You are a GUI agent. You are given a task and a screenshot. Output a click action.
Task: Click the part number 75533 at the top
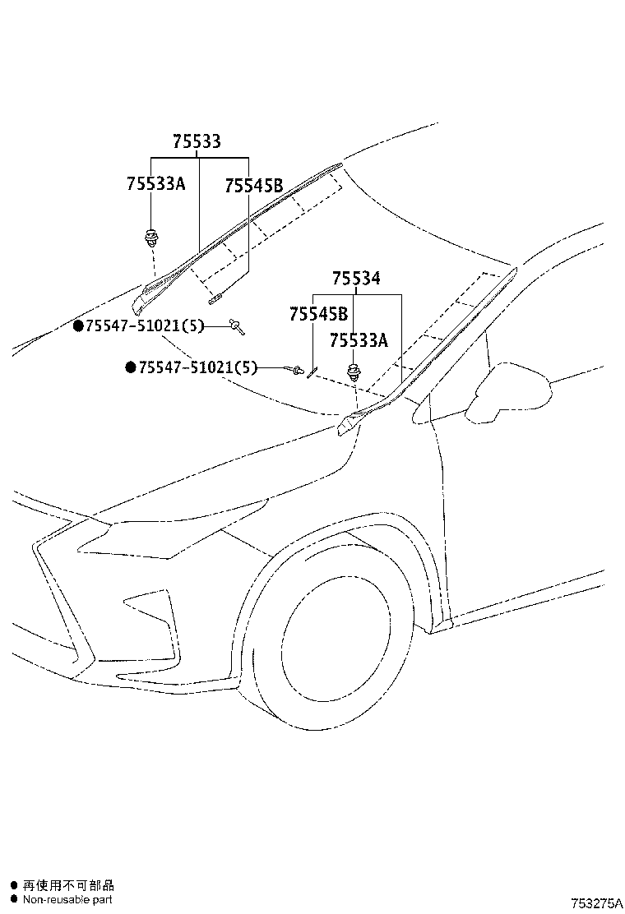click(x=197, y=142)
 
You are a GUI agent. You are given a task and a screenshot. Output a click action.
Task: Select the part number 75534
click(x=356, y=279)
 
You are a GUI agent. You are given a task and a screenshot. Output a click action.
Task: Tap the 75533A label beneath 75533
click(x=156, y=183)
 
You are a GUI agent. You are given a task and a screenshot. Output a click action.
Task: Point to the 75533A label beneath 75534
click(x=359, y=339)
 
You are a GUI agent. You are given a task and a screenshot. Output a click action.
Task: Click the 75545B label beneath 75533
click(x=253, y=187)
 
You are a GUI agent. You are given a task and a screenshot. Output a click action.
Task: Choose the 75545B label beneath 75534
click(x=318, y=314)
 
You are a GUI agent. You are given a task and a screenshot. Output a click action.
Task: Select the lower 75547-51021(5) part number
click(x=197, y=367)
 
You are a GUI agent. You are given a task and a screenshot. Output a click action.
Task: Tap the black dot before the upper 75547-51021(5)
click(x=78, y=326)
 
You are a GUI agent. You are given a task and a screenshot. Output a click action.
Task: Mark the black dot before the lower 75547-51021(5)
click(x=130, y=367)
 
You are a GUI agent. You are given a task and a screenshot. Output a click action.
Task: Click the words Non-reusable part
click(x=67, y=899)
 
